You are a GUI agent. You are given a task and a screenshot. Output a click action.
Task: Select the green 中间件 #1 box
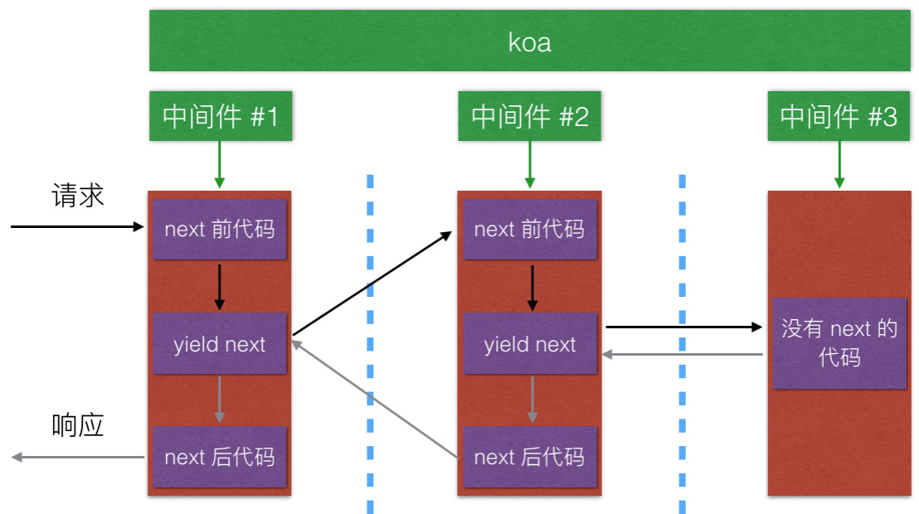click(220, 116)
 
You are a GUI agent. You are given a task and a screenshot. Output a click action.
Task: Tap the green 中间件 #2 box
click(529, 116)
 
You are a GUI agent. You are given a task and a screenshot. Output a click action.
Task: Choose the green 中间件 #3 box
click(839, 116)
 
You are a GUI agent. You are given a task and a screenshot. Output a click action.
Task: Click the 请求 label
click(78, 196)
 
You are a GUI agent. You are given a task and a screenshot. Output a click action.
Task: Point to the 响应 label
click(78, 424)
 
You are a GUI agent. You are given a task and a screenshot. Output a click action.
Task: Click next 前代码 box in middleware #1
click(220, 229)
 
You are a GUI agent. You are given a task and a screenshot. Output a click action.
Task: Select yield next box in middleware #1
click(220, 344)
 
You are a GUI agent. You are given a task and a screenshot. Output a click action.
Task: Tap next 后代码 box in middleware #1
click(220, 457)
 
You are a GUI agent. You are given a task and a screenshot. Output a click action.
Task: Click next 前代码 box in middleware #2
click(529, 229)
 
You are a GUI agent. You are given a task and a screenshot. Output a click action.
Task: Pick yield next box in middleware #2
click(529, 344)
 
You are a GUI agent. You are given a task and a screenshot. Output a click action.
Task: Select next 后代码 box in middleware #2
click(529, 457)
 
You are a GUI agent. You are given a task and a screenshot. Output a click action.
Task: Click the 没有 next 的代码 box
click(839, 343)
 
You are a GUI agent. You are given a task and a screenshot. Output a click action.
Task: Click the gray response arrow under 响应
click(78, 457)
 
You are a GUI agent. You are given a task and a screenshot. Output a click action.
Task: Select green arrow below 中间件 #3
click(839, 163)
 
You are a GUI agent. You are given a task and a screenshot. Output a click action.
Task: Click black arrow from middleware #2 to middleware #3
click(683, 327)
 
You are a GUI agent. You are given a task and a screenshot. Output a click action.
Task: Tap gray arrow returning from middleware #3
click(683, 355)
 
